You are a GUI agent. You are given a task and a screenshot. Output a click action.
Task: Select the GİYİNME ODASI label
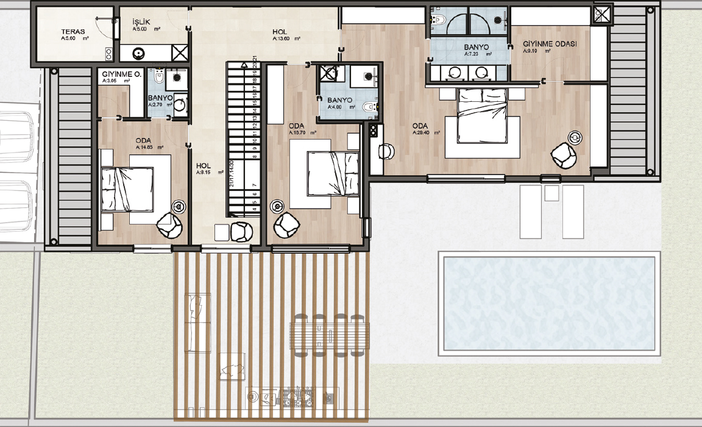(550, 45)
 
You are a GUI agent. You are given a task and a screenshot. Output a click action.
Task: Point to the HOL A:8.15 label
(204, 165)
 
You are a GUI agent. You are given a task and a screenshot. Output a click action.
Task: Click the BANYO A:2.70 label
(160, 98)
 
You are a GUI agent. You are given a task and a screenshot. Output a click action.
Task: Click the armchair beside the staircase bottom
(242, 231)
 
